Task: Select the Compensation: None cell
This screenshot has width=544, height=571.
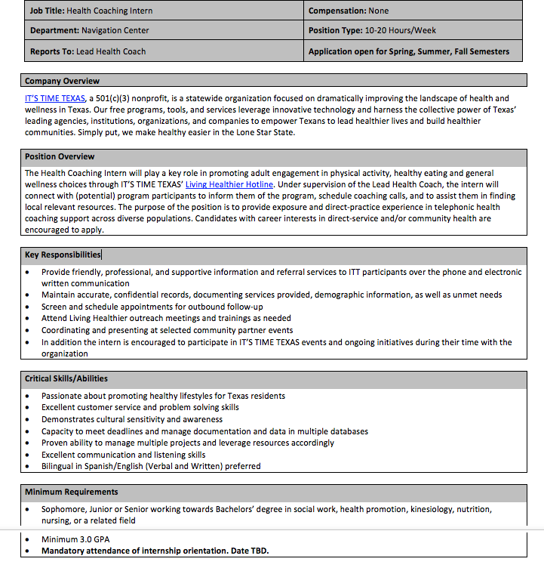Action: pyautogui.click(x=349, y=11)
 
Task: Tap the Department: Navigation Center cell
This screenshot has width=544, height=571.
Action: pyautogui.click(x=89, y=31)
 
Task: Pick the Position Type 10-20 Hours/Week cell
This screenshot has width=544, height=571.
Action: pyautogui.click(x=372, y=31)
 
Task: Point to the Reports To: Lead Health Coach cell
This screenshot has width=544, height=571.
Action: pyautogui.click(x=88, y=51)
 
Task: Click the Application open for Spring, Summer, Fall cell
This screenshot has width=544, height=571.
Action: pyautogui.click(x=408, y=51)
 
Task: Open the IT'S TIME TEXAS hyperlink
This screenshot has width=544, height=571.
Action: pyautogui.click(x=54, y=98)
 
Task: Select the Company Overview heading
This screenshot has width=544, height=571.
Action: pyautogui.click(x=62, y=81)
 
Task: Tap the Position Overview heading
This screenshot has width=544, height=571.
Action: pyautogui.click(x=60, y=156)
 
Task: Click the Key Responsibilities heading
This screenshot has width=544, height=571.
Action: pyautogui.click(x=63, y=255)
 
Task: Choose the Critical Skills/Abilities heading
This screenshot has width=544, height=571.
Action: pyautogui.click(x=66, y=378)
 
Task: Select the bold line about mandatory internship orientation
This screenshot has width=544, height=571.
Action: pyautogui.click(x=155, y=551)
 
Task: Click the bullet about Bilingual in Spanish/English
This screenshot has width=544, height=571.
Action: pyautogui.click(x=151, y=466)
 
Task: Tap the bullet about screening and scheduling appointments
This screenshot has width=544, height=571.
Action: pyautogui.click(x=152, y=307)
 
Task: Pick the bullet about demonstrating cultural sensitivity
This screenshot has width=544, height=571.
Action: pyautogui.click(x=132, y=419)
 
